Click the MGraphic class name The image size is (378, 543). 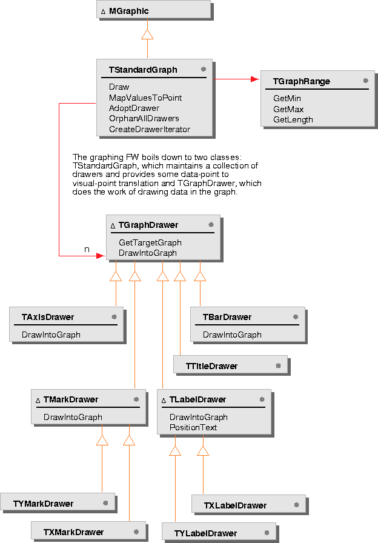pyautogui.click(x=128, y=12)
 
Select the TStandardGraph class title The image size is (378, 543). pyautogui.click(x=143, y=70)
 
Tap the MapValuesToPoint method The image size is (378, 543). pyautogui.click(x=145, y=98)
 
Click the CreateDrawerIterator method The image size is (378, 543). pyautogui.click(x=150, y=129)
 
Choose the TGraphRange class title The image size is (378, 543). pyautogui.click(x=301, y=81)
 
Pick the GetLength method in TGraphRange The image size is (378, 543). pyautogui.click(x=293, y=119)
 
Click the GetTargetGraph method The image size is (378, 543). pyautogui.click(x=150, y=242)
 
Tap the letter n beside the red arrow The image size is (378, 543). pyautogui.click(x=87, y=249)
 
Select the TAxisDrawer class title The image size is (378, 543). pyautogui.click(x=48, y=317)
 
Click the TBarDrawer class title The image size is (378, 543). pyautogui.click(x=227, y=317)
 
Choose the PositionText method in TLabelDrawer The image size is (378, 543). pyautogui.click(x=193, y=427)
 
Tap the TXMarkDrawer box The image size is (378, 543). pyautogui.click(x=88, y=531)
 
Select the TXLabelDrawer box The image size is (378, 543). pyautogui.click(x=248, y=505)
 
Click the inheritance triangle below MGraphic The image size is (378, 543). pyautogui.click(x=147, y=35)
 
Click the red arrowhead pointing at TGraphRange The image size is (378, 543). pyautogui.click(x=255, y=79)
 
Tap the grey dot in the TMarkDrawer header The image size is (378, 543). pyautogui.click(x=136, y=399)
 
